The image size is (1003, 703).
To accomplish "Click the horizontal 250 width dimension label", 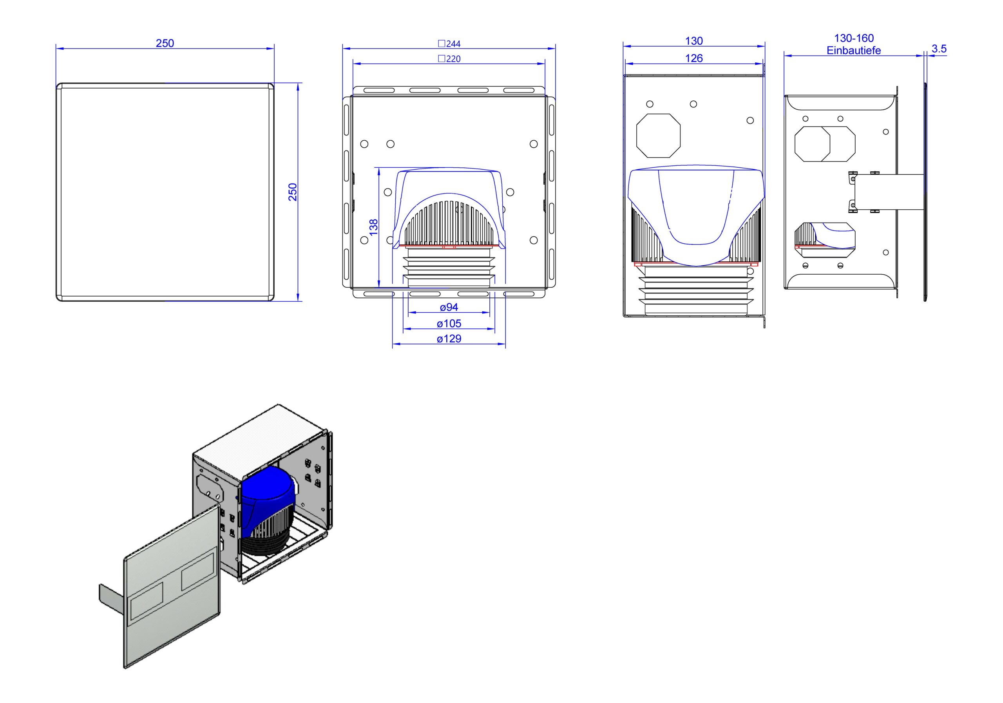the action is (x=165, y=43).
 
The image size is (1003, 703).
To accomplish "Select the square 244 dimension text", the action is (x=449, y=43).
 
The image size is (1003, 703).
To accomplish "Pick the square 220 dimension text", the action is (x=449, y=58).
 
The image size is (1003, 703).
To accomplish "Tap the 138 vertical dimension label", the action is (x=373, y=228).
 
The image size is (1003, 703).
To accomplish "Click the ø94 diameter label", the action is (x=449, y=307).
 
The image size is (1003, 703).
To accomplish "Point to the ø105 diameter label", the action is (x=449, y=323).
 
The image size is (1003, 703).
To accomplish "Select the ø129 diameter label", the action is (x=449, y=339).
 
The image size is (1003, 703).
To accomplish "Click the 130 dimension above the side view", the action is (x=694, y=41).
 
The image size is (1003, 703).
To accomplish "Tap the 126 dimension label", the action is (x=694, y=58).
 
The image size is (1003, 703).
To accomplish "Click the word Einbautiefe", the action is (x=854, y=50).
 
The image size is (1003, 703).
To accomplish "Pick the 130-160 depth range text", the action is (x=854, y=38).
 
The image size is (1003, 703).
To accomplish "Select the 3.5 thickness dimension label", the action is (x=939, y=49).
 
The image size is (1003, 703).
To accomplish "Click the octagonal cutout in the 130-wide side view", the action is (x=658, y=136).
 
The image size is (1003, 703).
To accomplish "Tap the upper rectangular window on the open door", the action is (x=198, y=570).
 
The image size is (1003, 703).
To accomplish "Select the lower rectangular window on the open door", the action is (x=147, y=601).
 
